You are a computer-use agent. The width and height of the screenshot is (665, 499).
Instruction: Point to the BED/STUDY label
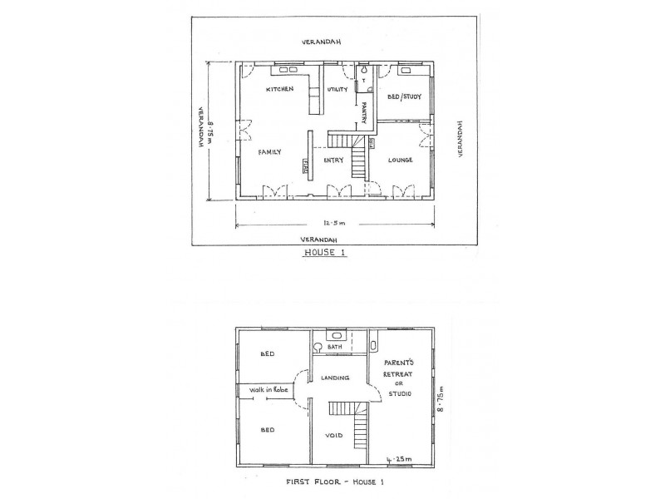tap(406, 96)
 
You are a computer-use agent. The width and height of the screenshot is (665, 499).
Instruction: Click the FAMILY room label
tap(269, 152)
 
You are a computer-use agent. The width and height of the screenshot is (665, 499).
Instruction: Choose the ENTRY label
tap(334, 160)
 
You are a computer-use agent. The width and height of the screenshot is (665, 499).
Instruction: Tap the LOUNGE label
tap(401, 160)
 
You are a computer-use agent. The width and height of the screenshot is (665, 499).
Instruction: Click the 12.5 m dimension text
tap(334, 223)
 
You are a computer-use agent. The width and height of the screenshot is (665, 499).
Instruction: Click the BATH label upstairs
tap(335, 347)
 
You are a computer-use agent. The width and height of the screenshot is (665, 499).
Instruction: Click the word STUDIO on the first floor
tap(400, 395)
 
